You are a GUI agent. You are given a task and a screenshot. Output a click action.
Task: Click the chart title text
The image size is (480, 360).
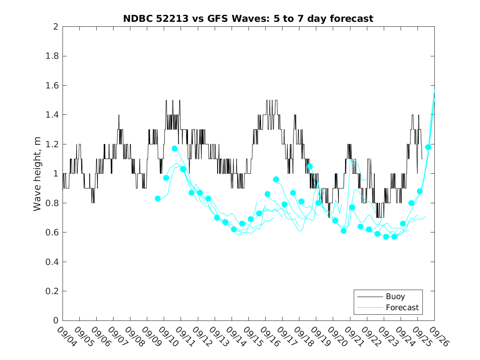[248, 19]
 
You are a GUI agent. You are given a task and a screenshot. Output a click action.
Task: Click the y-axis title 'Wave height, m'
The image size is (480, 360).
[37, 174]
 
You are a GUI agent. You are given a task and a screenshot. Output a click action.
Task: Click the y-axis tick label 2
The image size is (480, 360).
[55, 27]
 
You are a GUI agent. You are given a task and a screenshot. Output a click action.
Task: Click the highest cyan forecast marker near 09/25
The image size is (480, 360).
[428, 147]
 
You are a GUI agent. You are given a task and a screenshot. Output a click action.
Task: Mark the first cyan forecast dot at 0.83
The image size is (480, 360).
[158, 198]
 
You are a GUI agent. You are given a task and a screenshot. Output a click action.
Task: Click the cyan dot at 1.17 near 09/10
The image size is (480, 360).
[174, 149]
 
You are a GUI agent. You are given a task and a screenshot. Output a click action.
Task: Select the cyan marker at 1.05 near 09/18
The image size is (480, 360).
[310, 166]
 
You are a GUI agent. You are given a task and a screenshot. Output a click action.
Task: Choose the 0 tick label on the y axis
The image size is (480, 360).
[55, 321]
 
